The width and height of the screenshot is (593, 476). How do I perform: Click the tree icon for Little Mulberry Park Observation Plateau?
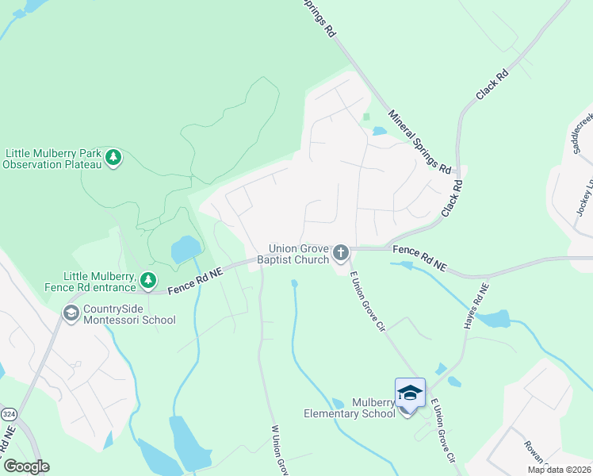point(114,158)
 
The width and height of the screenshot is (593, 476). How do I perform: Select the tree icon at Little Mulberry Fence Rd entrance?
point(147,279)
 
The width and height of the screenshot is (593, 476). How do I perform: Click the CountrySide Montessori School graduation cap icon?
point(71,314)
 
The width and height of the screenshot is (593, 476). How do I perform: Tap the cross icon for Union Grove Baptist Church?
point(341,253)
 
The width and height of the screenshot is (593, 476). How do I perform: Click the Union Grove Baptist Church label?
point(298,253)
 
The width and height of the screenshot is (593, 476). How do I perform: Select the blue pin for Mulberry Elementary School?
point(410,395)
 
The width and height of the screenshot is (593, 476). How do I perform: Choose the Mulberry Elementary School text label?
point(350,408)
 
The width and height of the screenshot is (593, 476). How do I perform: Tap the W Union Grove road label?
point(279,450)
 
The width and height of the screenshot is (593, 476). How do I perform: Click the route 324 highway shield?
point(9,415)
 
